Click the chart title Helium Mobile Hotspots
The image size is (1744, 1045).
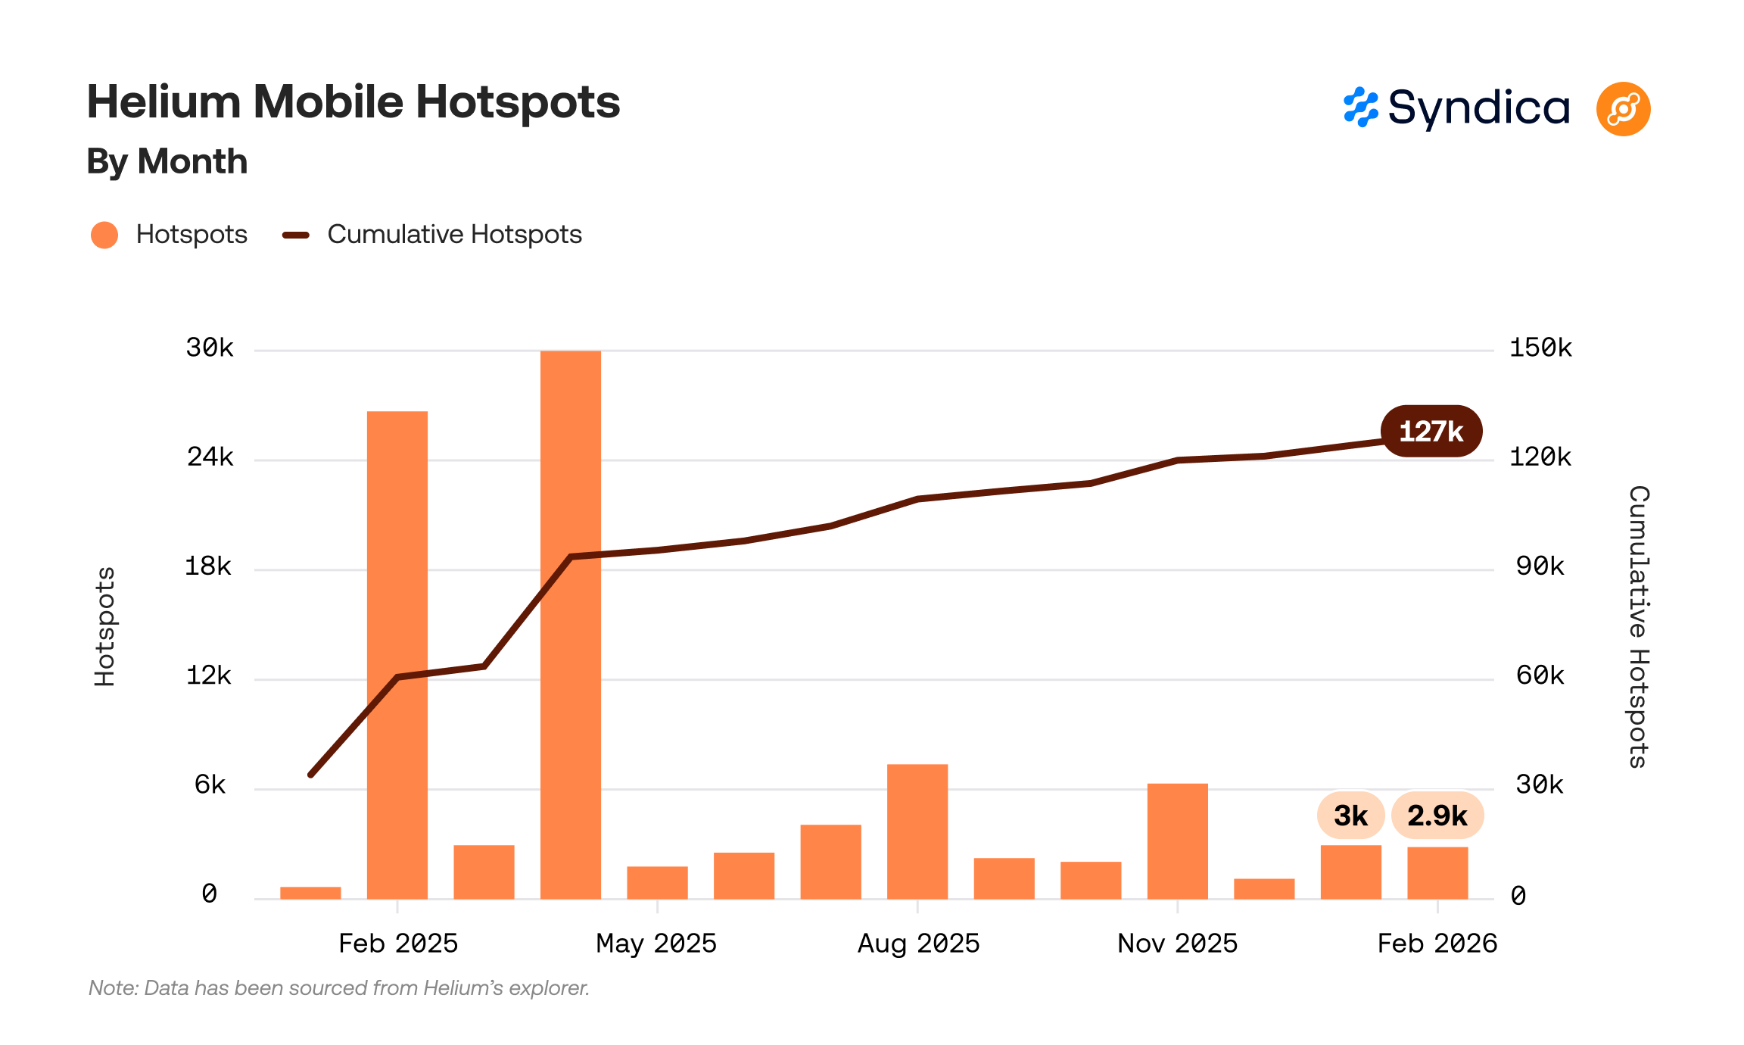353,102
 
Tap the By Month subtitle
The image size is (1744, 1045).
167,161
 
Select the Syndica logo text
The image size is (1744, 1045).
1478,108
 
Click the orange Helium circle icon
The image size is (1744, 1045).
1623,109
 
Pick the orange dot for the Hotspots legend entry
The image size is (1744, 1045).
104,235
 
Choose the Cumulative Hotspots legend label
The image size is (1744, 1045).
454,235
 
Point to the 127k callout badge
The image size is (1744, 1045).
1431,432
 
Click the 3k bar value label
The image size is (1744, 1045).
1350,816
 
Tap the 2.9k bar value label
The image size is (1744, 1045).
1437,816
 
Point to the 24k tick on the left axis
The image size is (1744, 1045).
210,457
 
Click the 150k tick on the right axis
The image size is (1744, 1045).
1540,348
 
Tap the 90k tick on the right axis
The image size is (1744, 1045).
1540,566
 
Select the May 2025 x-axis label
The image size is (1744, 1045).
656,944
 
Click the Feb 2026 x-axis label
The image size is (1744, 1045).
1437,944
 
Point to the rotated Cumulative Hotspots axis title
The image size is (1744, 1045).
1638,627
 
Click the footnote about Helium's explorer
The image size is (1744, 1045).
339,988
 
